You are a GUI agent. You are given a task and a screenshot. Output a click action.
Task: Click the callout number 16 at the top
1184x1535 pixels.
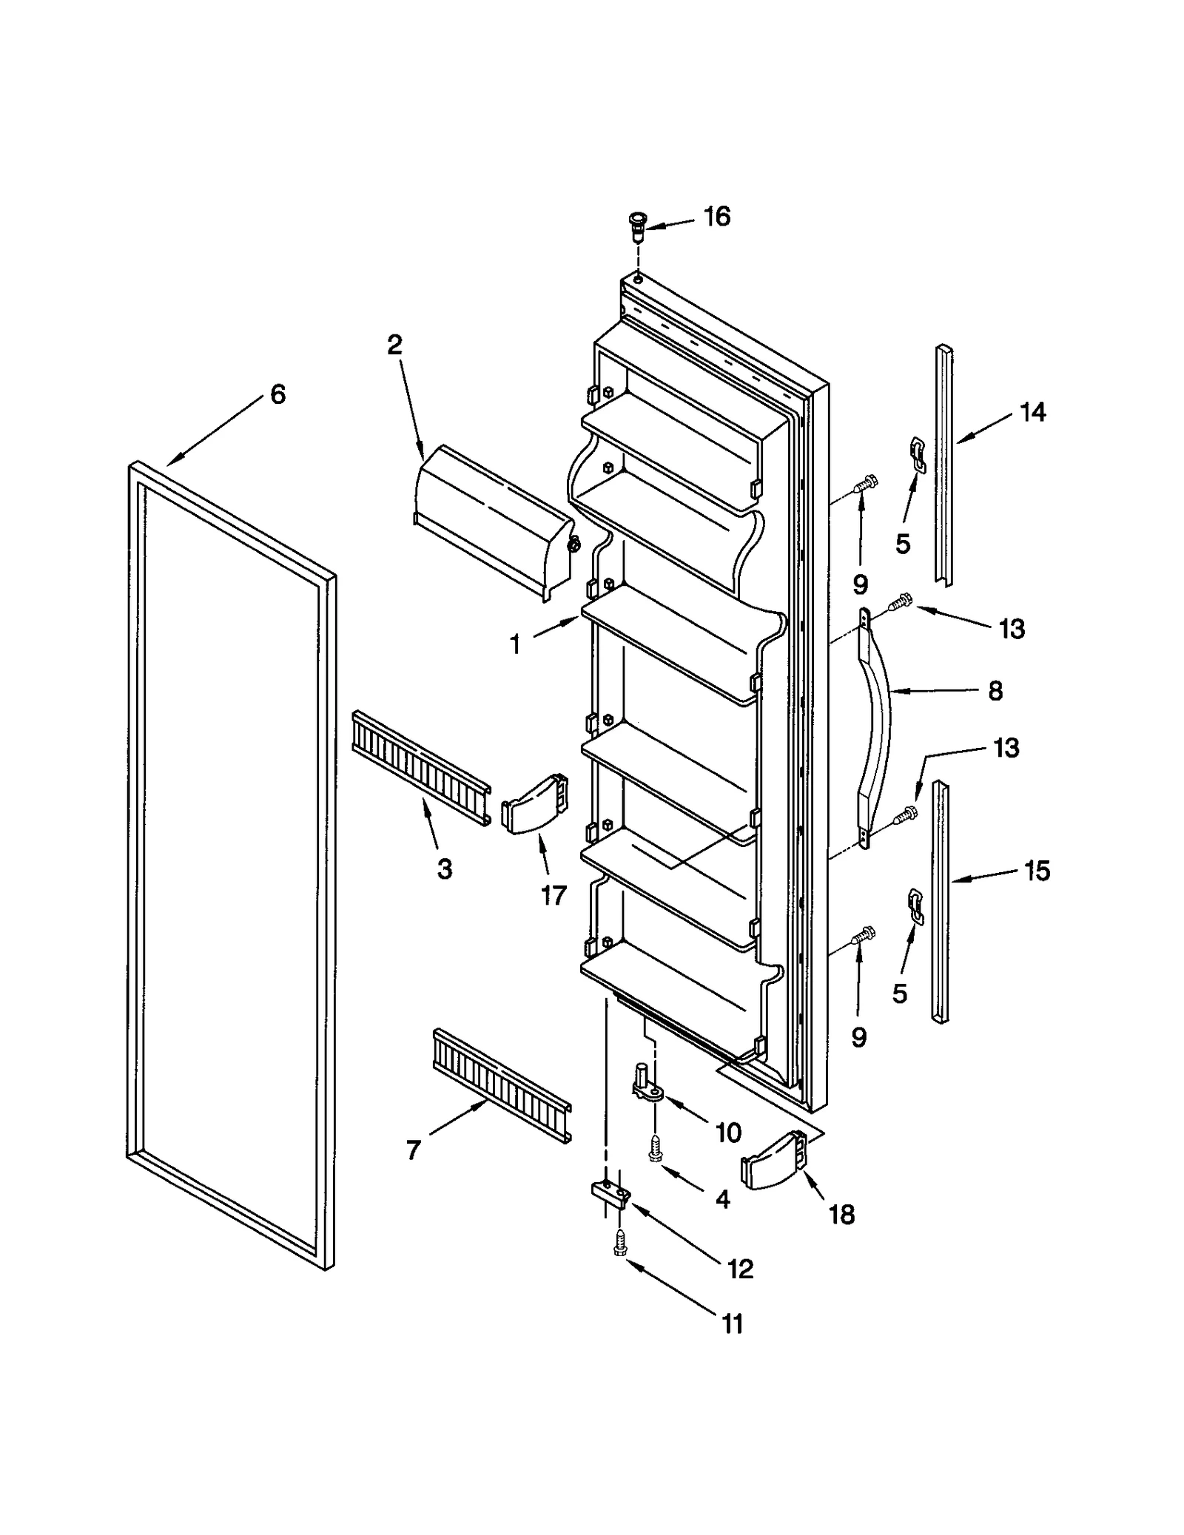click(x=716, y=217)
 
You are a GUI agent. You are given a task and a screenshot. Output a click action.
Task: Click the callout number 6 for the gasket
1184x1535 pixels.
click(x=277, y=394)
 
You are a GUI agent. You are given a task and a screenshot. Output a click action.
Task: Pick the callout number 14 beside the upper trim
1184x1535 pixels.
click(x=1032, y=412)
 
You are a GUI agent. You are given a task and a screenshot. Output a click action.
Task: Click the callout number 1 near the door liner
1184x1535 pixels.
click(x=515, y=644)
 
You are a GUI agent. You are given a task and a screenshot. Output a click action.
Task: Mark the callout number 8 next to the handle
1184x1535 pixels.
click(x=995, y=691)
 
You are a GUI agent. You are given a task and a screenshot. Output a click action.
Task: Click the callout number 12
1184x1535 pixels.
click(x=740, y=1268)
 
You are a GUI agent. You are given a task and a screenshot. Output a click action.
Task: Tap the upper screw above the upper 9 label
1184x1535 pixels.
click(x=865, y=484)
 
